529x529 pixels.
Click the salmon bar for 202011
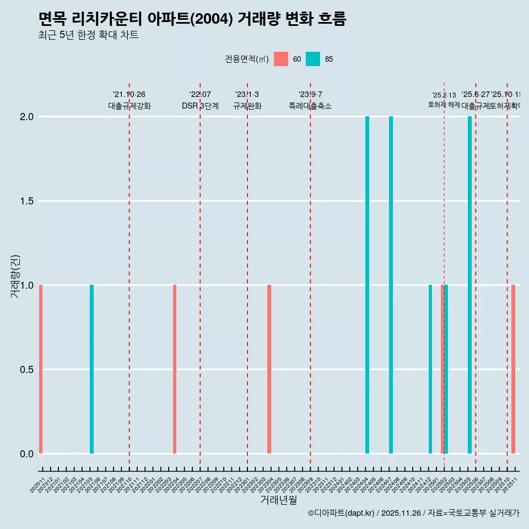pyautogui.click(x=41, y=369)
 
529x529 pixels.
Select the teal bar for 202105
pyautogui.click(x=91, y=369)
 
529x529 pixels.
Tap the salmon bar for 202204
pyautogui.click(x=175, y=369)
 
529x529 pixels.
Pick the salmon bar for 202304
pyautogui.click(x=269, y=369)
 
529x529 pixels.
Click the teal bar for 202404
pyautogui.click(x=368, y=285)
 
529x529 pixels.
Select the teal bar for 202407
pyautogui.click(x=391, y=285)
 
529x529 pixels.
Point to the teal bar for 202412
pyautogui.click(x=430, y=369)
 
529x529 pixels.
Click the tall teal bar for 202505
pyautogui.click(x=470, y=285)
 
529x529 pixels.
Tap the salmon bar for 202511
pyautogui.click(x=513, y=369)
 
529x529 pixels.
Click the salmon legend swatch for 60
pyautogui.click(x=281, y=59)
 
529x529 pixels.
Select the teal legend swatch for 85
pyautogui.click(x=313, y=59)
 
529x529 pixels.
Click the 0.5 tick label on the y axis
pyautogui.click(x=27, y=370)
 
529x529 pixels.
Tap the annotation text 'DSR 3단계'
pyautogui.click(x=200, y=106)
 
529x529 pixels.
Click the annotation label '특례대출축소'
pyautogui.click(x=310, y=106)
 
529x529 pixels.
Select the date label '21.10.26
pyautogui.click(x=129, y=95)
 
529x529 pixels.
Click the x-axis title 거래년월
pyautogui.click(x=278, y=500)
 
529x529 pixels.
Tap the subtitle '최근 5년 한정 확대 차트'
pyautogui.click(x=88, y=35)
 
